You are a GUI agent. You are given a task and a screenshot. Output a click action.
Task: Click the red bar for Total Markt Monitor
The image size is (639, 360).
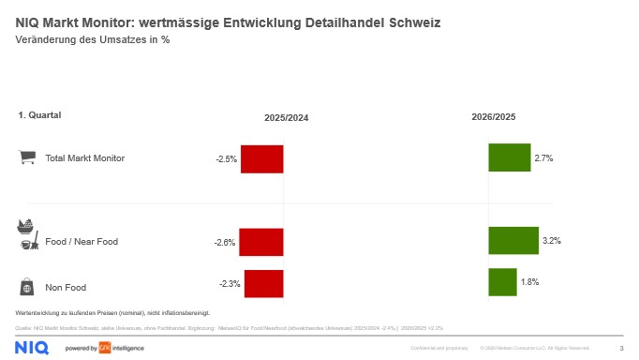click(261, 158)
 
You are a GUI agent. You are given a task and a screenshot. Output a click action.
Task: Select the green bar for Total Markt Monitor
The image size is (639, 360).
click(510, 157)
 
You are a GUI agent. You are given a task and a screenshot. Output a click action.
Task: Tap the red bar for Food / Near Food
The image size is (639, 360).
click(260, 242)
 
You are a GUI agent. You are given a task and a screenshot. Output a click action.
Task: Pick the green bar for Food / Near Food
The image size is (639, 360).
click(513, 241)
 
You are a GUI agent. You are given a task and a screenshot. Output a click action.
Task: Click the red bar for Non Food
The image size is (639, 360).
click(263, 283)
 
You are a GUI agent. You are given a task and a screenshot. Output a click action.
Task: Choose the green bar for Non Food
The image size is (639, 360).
click(502, 282)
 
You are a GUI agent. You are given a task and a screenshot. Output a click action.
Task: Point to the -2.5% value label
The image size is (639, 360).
click(226, 159)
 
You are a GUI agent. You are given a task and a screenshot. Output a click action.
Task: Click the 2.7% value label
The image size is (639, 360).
click(543, 158)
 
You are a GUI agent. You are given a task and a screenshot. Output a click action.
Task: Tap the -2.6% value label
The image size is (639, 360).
click(225, 243)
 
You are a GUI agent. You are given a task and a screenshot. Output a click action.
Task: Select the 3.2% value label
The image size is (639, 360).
click(551, 241)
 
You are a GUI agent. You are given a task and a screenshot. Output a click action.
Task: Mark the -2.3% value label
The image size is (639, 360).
click(230, 283)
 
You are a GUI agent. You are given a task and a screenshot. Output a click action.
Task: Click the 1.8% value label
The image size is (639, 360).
click(529, 282)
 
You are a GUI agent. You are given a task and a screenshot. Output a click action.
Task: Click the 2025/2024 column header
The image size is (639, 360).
click(286, 118)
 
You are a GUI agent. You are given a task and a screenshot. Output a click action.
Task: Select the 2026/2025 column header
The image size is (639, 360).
click(493, 117)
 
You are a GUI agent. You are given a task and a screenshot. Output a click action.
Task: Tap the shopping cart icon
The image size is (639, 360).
click(28, 157)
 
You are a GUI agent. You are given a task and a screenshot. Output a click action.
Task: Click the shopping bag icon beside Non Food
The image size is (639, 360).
click(28, 286)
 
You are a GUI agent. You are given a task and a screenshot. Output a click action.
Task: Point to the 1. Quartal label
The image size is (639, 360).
click(39, 115)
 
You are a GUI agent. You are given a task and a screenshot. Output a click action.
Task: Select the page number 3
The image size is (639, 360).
click(621, 348)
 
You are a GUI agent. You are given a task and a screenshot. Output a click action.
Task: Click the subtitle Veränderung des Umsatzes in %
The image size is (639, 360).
click(93, 39)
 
